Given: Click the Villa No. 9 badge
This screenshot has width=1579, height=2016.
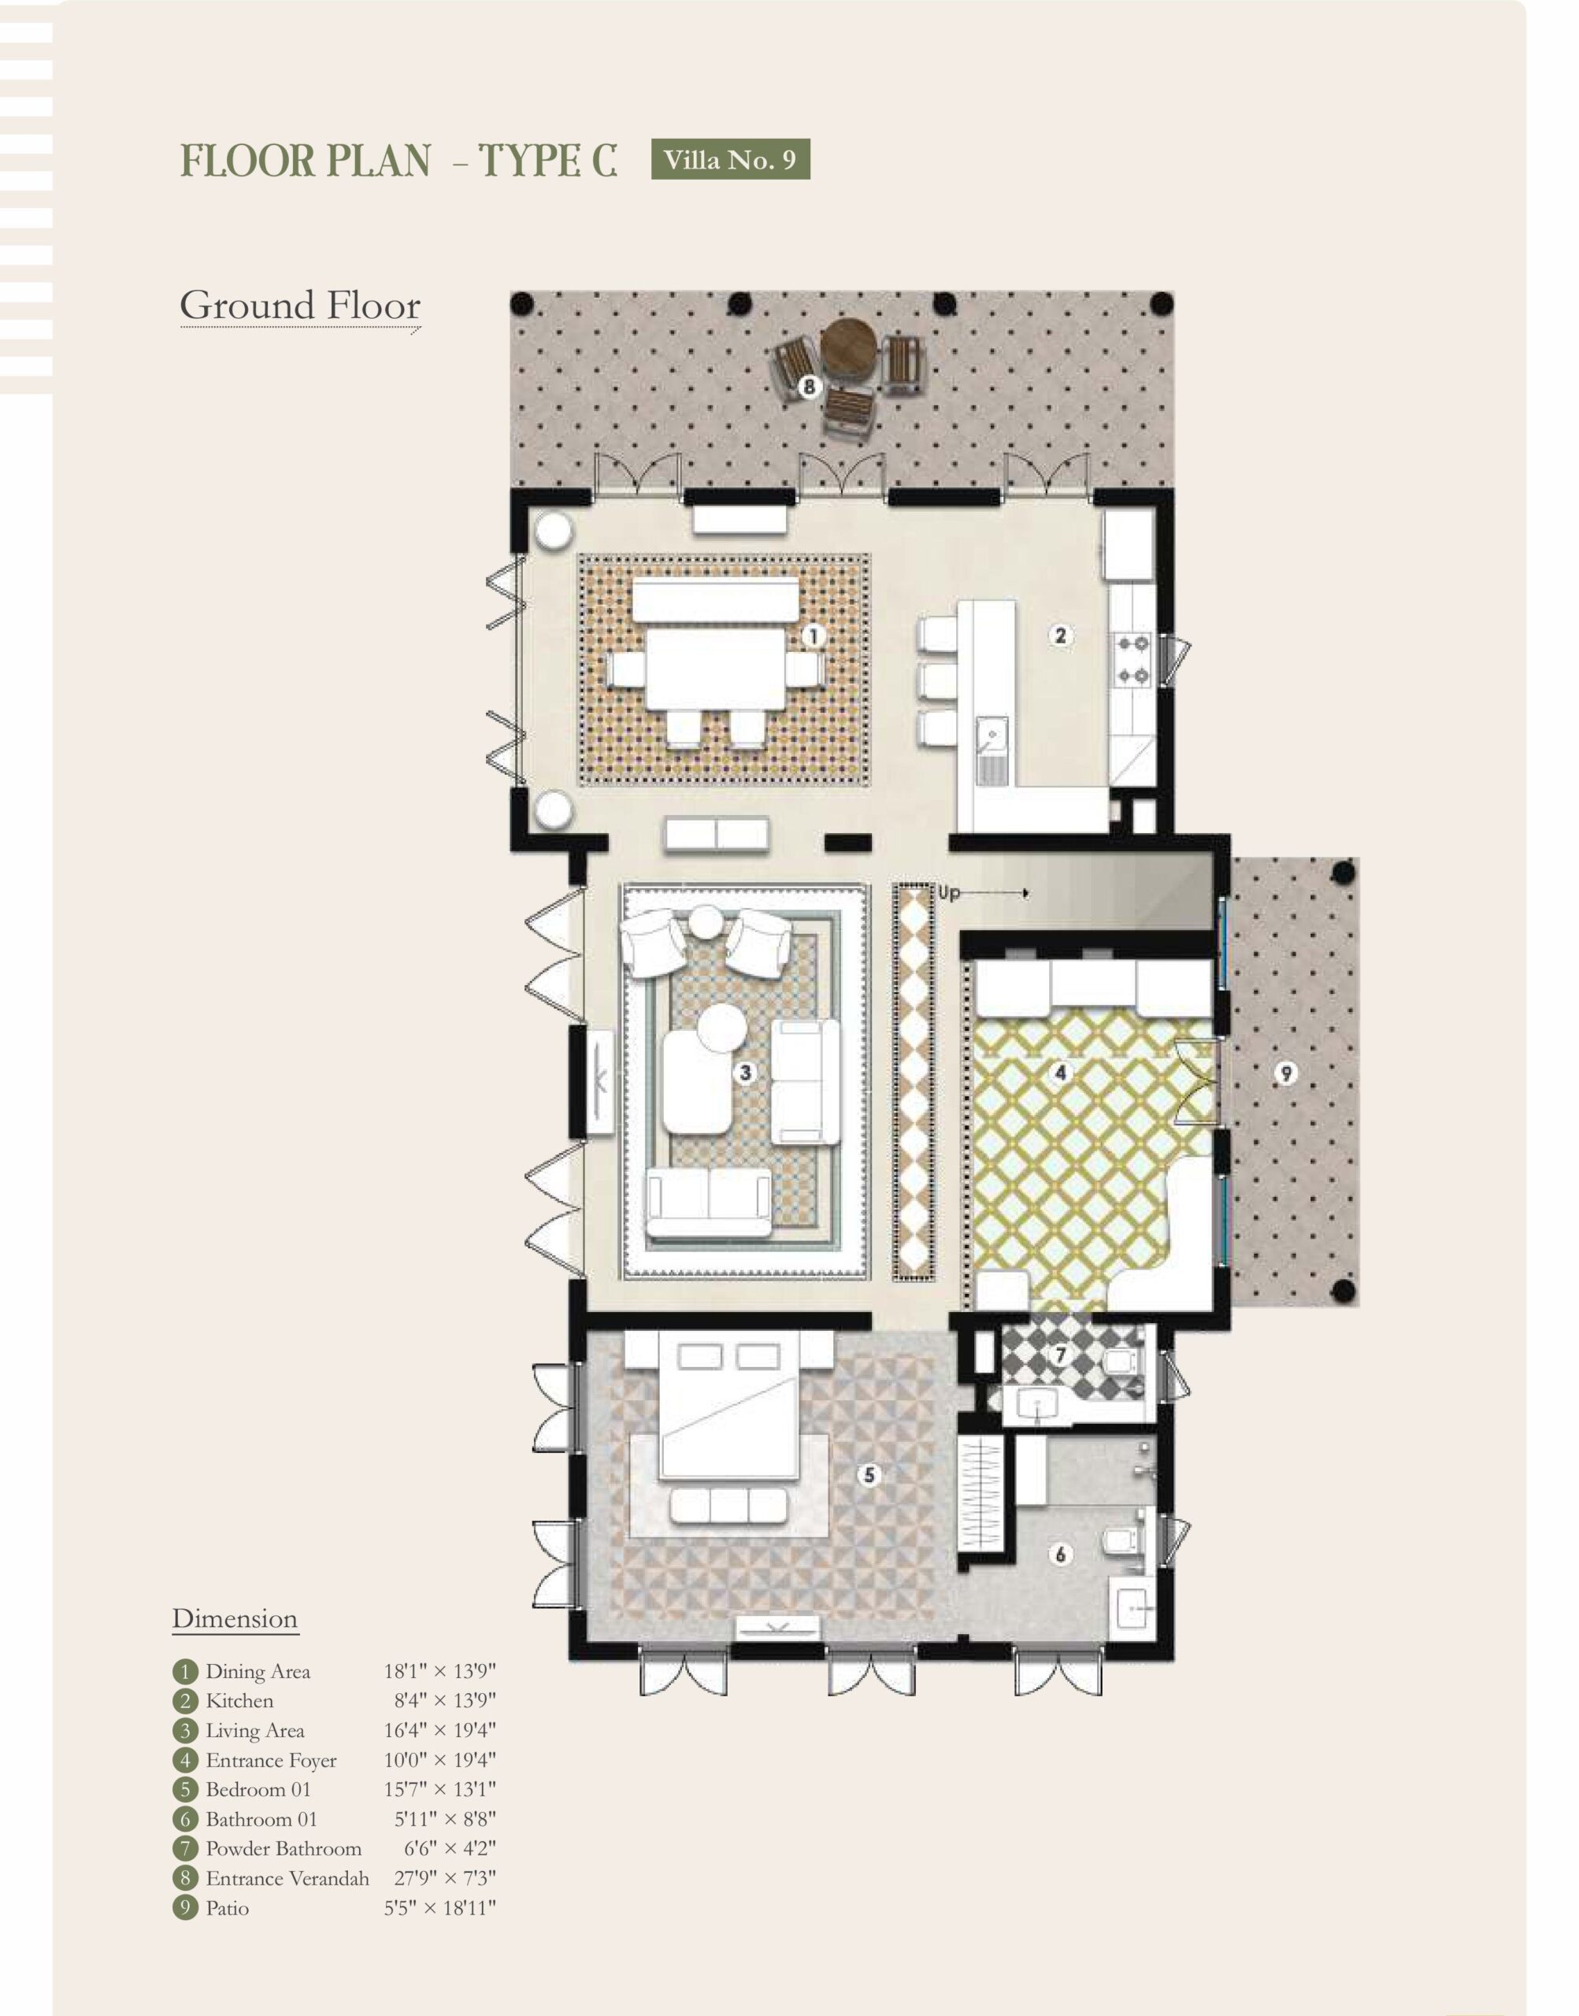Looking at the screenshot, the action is point(730,159).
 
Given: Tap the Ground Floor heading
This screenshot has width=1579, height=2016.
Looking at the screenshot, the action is point(301,306).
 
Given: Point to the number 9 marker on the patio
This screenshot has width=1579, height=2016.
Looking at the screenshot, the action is point(1285,1073).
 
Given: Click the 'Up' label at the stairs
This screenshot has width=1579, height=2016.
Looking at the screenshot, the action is point(950,894).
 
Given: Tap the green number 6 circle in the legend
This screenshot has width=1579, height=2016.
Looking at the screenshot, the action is point(185,1820).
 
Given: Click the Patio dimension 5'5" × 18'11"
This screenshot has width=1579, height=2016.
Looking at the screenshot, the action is point(440,1909).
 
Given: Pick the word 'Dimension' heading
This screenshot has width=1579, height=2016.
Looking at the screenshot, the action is point(235,1619).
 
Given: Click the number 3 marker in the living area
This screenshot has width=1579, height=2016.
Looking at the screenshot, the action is point(745,1073).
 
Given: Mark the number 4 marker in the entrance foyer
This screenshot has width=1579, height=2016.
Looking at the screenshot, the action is point(1060,1073).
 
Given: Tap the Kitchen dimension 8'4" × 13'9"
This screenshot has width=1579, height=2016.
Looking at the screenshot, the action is point(445,1702).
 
